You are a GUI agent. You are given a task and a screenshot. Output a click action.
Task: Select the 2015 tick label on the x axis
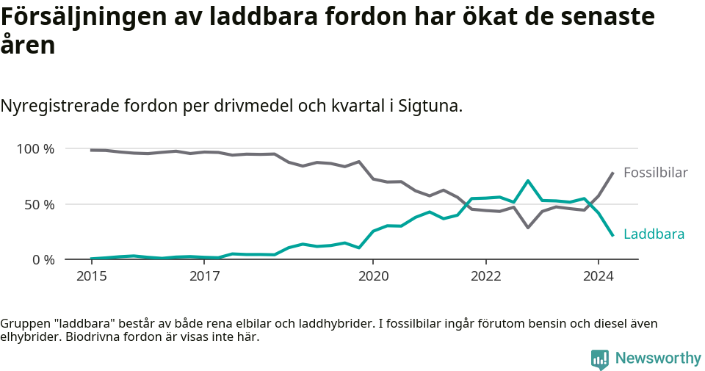92,276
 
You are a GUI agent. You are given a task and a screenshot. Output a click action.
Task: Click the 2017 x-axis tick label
205,276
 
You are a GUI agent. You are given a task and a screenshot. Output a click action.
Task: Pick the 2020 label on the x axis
373,276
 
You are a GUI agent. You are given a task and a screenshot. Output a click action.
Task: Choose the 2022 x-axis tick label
485,276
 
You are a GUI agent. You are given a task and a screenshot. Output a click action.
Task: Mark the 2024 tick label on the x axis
598,276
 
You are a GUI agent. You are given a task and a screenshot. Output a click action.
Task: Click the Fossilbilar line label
655,173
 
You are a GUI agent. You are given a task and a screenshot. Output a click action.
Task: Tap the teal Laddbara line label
654,234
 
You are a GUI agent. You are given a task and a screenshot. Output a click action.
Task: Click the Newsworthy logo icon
600,359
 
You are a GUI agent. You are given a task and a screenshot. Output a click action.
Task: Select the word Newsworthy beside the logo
658,359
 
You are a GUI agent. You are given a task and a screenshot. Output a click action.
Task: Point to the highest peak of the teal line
528,181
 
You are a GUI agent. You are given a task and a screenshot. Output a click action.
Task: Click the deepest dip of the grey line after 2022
528,228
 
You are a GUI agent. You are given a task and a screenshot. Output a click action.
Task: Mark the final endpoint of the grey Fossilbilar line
612,173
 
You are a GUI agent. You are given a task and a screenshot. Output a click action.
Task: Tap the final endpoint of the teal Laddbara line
612,235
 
